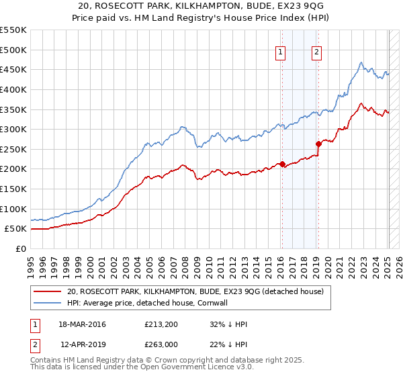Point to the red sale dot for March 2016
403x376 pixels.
coord(283,163)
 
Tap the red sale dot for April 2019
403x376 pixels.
coord(318,144)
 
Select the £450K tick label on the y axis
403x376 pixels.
coord(13,69)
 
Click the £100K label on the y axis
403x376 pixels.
coord(13,209)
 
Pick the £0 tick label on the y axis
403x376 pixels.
coord(20,248)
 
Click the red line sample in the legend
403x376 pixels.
coord(47,291)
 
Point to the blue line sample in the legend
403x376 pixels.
coord(47,303)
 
